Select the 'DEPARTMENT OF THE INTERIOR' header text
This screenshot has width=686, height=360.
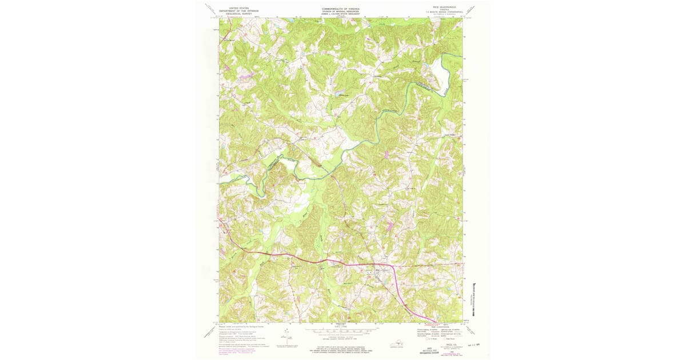[x=239, y=11]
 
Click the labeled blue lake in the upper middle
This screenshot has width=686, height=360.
[x=341, y=95]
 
